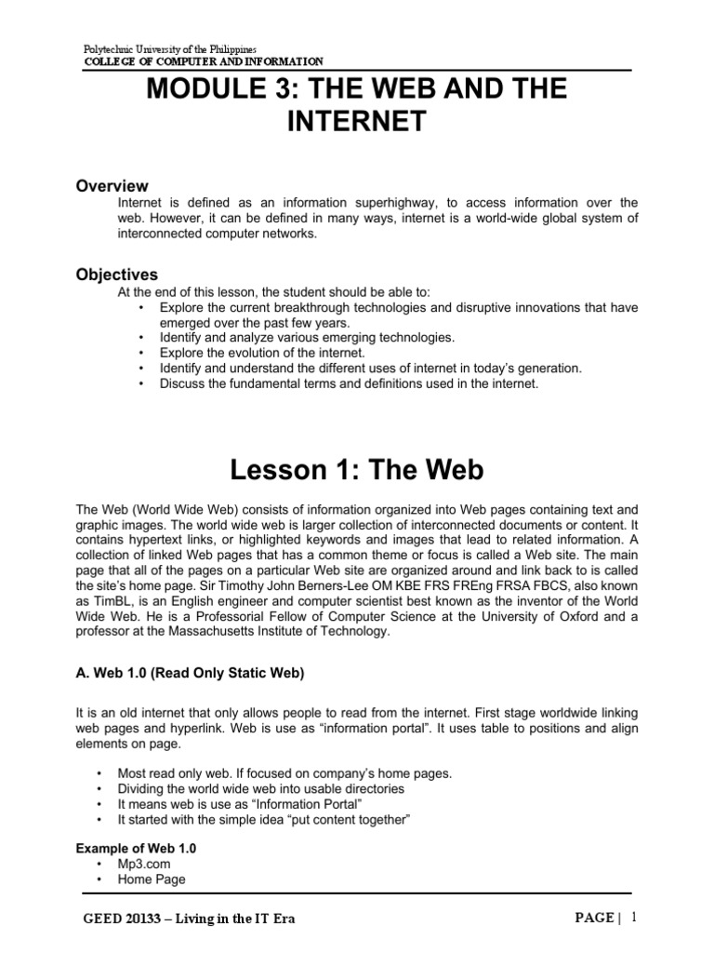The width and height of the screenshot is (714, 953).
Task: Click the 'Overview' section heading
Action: pyautogui.click(x=112, y=186)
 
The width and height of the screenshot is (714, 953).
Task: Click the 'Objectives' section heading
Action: pyautogui.click(x=116, y=275)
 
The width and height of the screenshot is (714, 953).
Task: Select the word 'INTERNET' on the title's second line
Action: pyautogui.click(x=356, y=122)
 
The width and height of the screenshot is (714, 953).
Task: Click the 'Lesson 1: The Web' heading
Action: pyautogui.click(x=356, y=470)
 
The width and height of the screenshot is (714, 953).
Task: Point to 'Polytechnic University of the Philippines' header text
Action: pyautogui.click(x=170, y=47)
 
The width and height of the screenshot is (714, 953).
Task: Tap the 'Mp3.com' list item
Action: pyautogui.click(x=145, y=864)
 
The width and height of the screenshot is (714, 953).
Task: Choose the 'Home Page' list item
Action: pyautogui.click(x=152, y=879)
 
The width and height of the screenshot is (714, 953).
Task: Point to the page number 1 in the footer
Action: pyautogui.click(x=633, y=917)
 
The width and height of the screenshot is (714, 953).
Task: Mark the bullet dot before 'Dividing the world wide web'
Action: pyautogui.click(x=99, y=788)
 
